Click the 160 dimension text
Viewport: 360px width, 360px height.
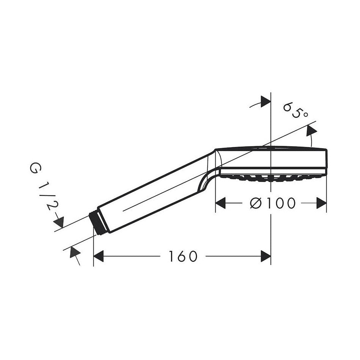(183, 256)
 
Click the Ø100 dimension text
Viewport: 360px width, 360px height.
(272, 203)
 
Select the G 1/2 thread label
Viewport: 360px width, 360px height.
(44, 186)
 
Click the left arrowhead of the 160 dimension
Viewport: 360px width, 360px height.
(99, 256)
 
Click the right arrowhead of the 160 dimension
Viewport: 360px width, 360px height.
(266, 256)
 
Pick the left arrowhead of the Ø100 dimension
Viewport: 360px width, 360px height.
(220, 203)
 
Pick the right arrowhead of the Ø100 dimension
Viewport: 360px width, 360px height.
(321, 203)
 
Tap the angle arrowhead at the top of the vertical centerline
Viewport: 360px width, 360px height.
(266, 101)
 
